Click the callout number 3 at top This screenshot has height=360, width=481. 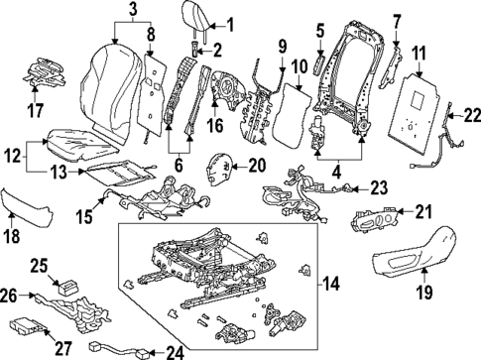132,11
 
